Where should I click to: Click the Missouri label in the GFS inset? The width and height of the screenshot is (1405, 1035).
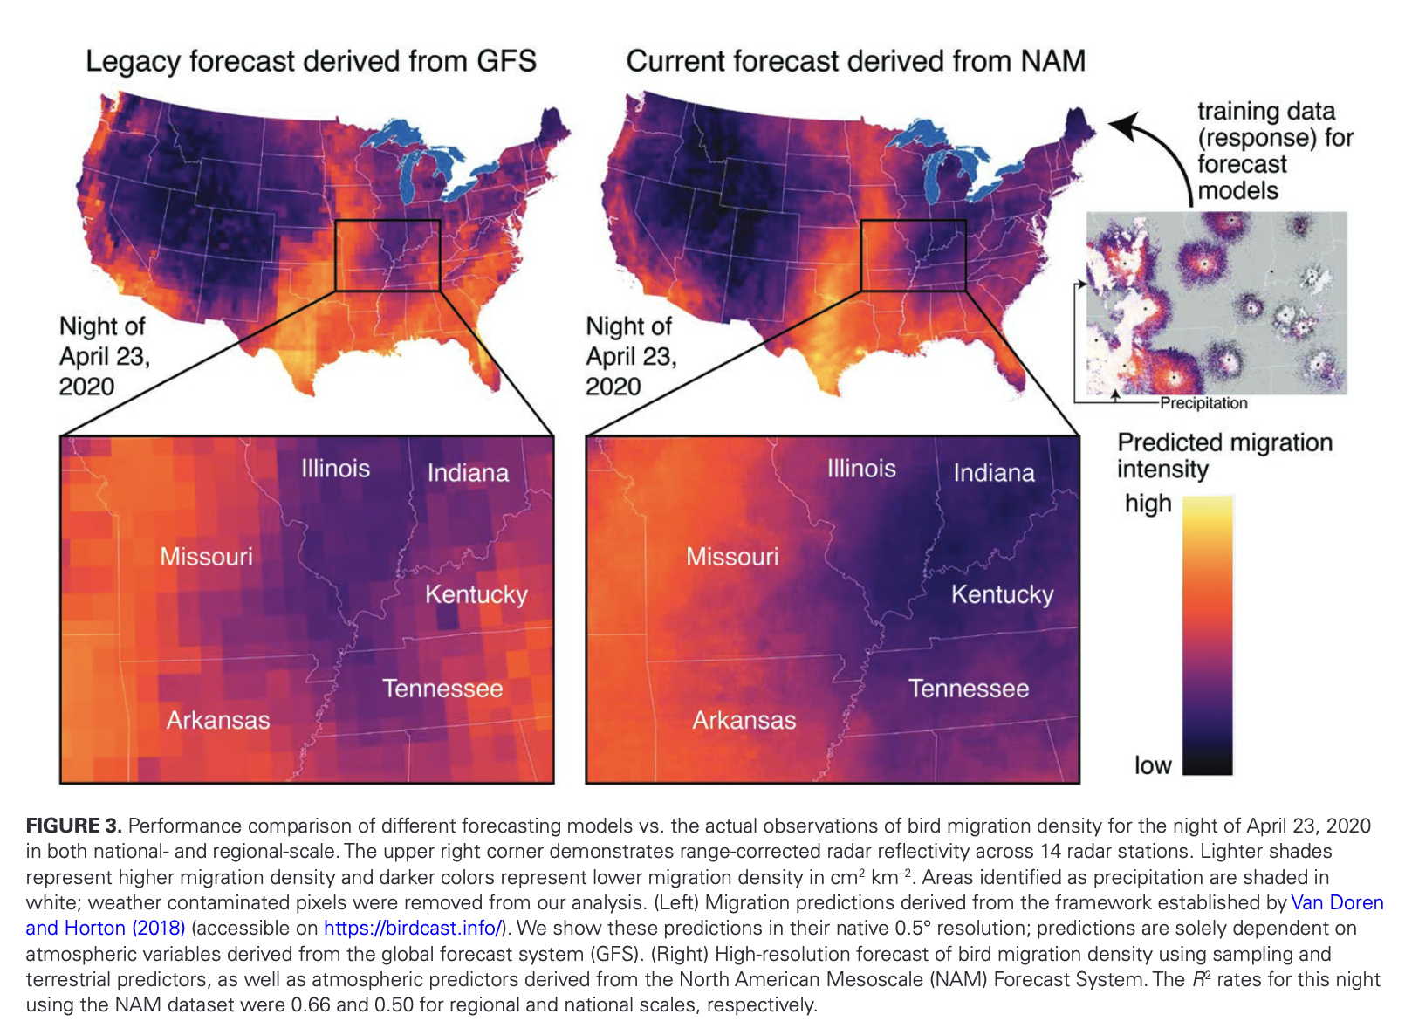coord(206,557)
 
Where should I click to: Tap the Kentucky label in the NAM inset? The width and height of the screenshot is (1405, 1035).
coord(1002,595)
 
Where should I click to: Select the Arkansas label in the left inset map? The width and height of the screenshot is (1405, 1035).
coord(218,720)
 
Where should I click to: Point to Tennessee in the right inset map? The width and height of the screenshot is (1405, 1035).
coord(968,689)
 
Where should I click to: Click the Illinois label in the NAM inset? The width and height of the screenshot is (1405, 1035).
coord(861,469)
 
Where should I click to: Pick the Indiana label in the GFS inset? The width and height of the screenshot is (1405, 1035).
coord(468,473)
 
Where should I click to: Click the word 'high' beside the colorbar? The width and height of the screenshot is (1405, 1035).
coord(1148,504)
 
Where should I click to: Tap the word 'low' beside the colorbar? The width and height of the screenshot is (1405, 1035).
coord(1152,765)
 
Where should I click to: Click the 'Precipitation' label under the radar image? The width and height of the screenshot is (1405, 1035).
coord(1203,403)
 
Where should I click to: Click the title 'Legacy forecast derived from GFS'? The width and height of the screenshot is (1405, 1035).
coord(311,61)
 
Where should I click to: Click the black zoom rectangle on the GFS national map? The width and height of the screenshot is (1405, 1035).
coord(387,222)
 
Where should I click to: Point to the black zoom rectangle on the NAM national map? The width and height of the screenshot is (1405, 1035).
coord(913,222)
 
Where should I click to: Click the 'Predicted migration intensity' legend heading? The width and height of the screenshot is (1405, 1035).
coord(1223,456)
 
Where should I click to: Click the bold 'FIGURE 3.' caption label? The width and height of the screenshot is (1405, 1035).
coord(73,826)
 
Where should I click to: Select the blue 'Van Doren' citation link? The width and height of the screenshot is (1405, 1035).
coord(1336,902)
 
